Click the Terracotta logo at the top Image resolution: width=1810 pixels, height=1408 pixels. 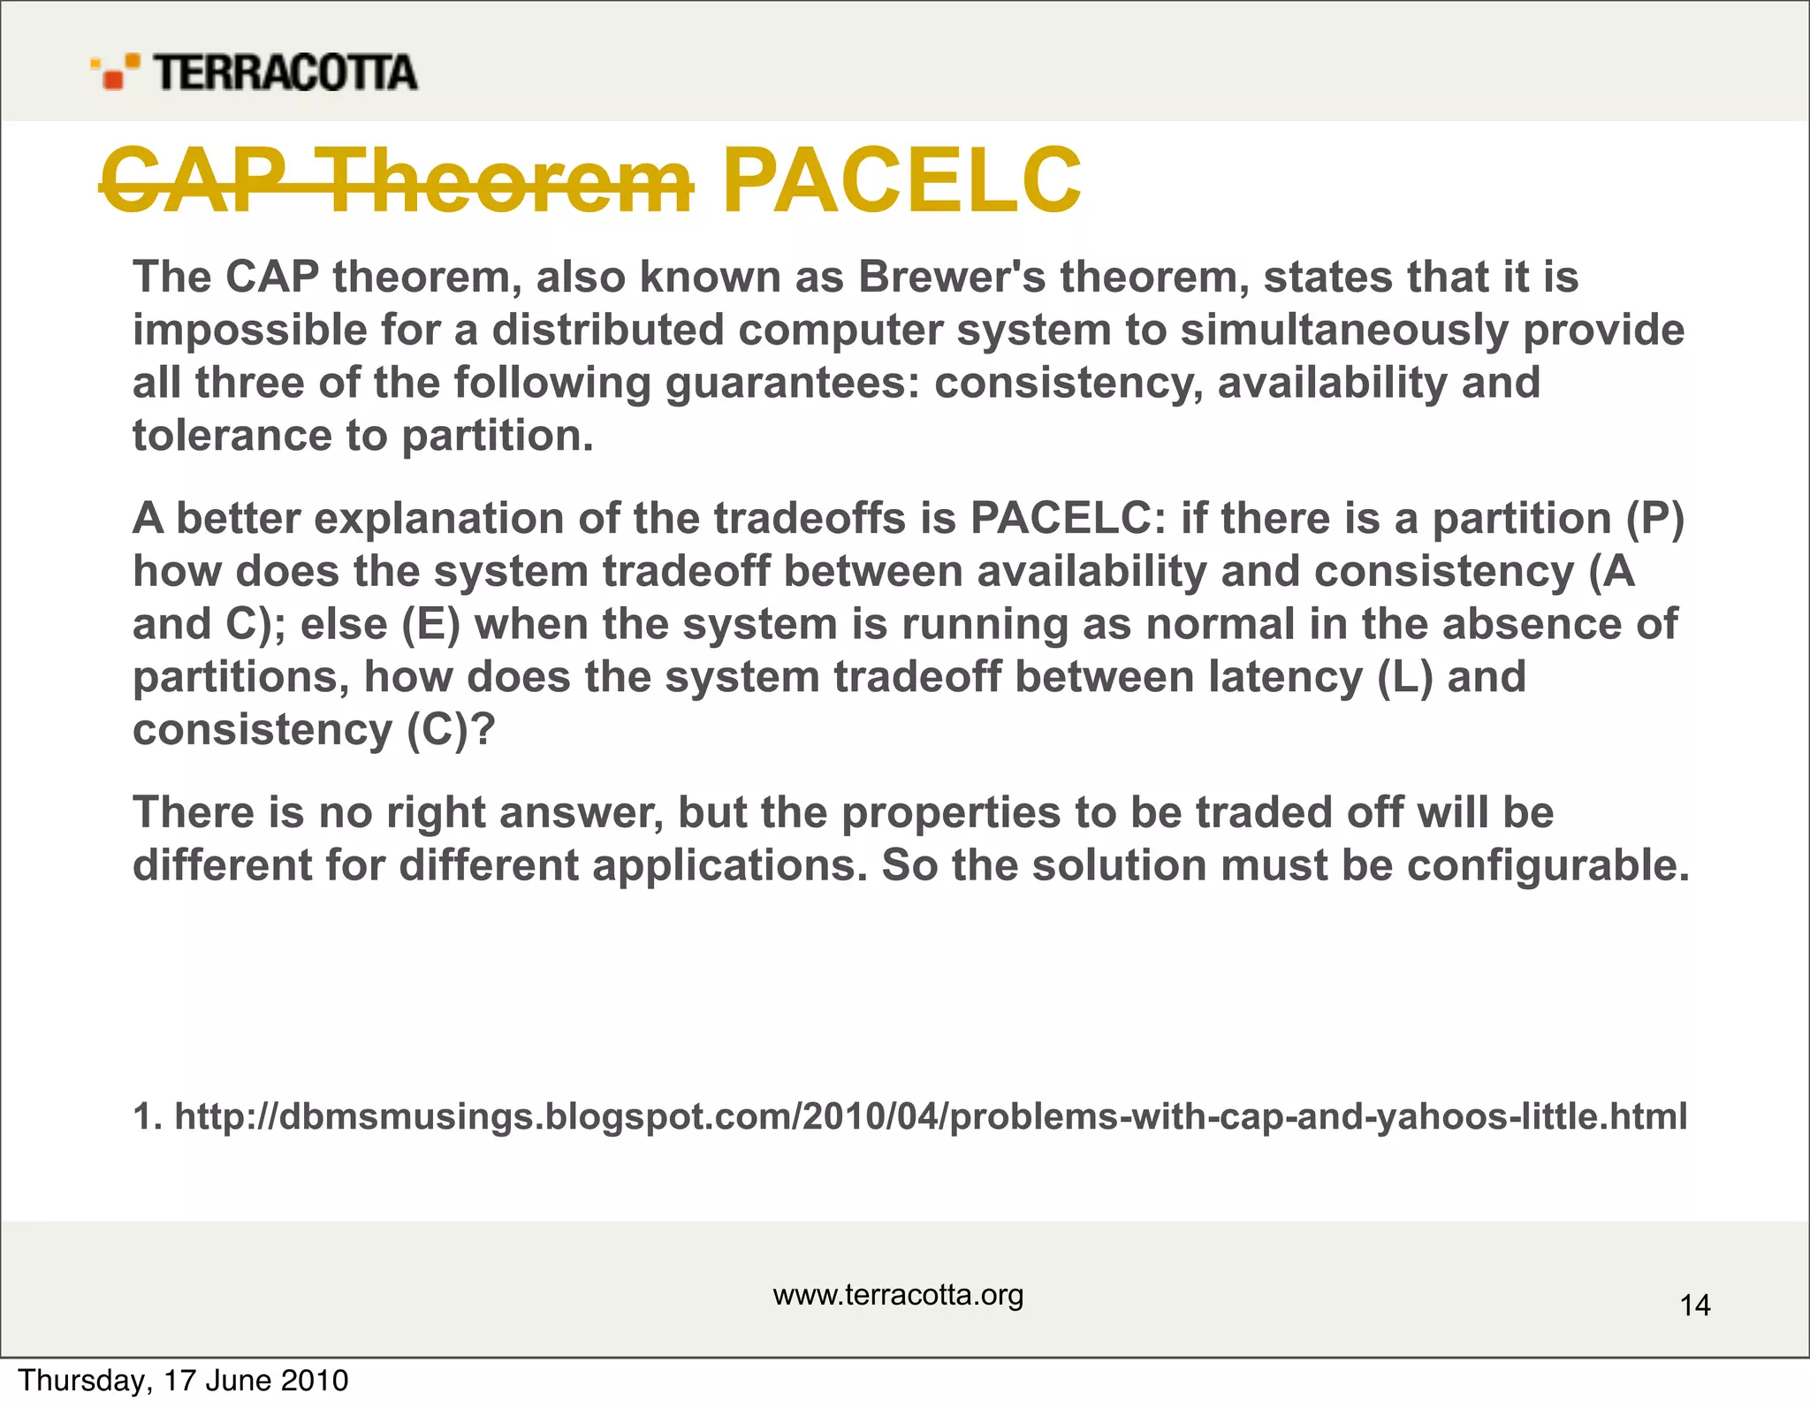click(254, 72)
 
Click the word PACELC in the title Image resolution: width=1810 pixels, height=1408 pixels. click(901, 181)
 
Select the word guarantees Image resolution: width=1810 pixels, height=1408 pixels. click(792, 384)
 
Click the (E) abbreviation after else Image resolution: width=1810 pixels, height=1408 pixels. click(431, 625)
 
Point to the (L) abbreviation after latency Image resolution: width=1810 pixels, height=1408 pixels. click(1404, 678)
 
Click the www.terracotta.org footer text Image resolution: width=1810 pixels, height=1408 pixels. click(898, 1295)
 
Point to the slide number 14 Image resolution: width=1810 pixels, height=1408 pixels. click(1694, 1305)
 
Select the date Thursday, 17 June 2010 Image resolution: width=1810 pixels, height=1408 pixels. click(184, 1381)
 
